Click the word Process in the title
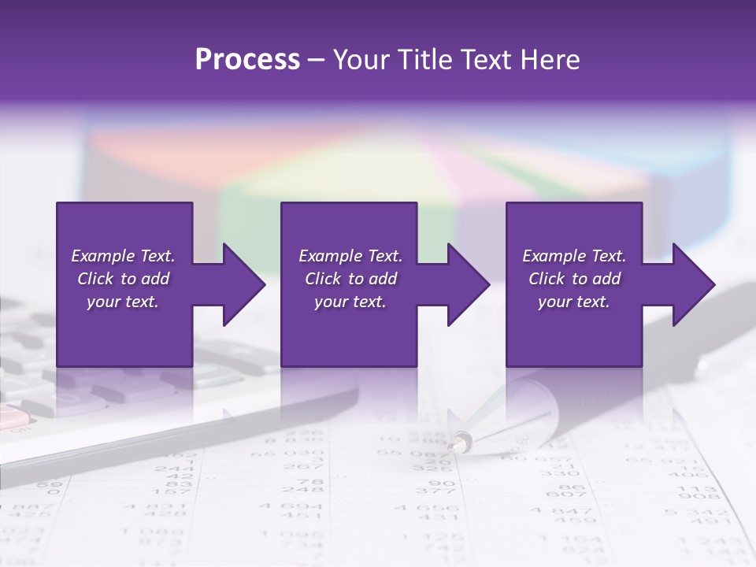point(247,59)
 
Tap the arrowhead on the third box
point(693,284)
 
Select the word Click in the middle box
point(322,279)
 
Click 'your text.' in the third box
point(573,302)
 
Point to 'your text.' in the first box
point(123,302)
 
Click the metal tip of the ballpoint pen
point(458,443)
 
